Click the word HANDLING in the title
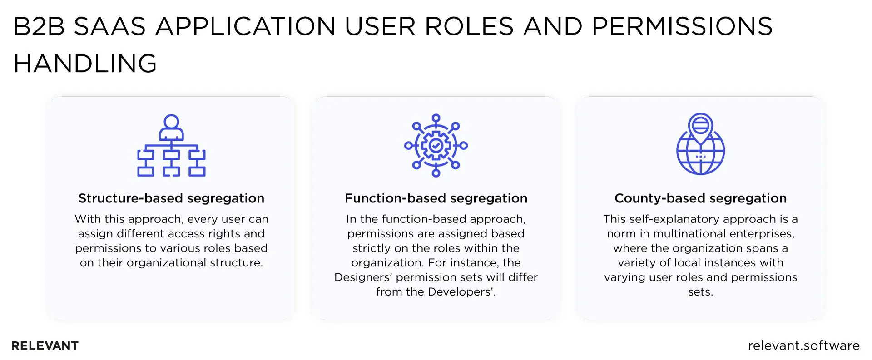tap(85, 63)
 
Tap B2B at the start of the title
tap(40, 26)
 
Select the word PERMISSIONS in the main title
tap(682, 26)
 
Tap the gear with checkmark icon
tap(436, 145)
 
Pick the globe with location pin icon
tap(700, 144)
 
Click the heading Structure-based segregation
tap(171, 198)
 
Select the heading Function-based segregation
tap(436, 198)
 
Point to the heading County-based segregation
tap(700, 198)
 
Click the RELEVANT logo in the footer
tap(45, 346)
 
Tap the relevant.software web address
tap(803, 346)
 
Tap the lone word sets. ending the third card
tap(700, 292)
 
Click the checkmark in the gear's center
tap(436, 146)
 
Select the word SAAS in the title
tap(109, 26)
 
